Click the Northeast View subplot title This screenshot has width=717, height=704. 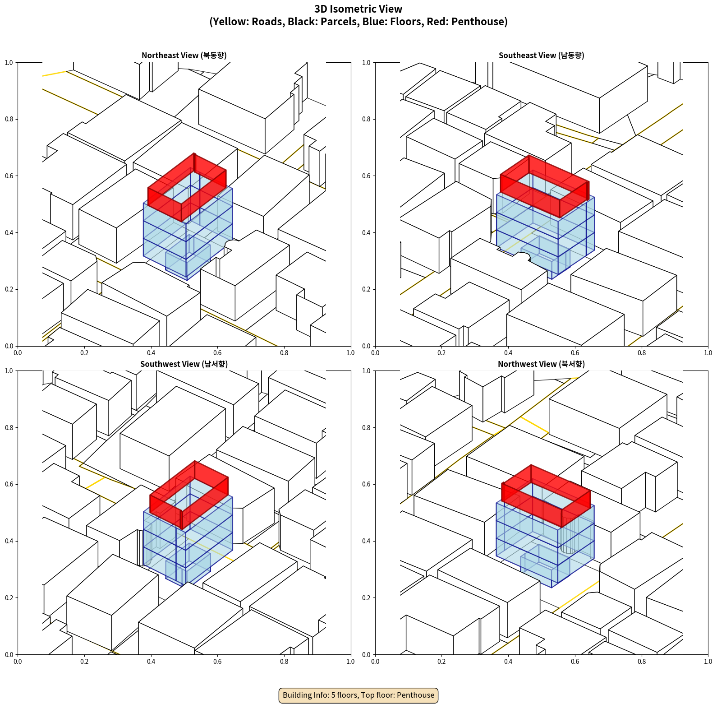pos(184,56)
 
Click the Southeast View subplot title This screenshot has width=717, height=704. pos(541,56)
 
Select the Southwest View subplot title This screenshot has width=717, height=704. pos(184,364)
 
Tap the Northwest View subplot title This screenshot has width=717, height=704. pos(541,364)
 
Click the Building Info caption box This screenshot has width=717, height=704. pos(358,695)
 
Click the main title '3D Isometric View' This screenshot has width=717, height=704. pos(358,9)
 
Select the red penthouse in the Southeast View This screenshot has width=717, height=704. pos(545,186)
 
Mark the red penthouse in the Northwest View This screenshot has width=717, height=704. pos(546,496)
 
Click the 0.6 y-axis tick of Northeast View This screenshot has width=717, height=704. pos(9,176)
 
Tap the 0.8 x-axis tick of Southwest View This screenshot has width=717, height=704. pos(284,662)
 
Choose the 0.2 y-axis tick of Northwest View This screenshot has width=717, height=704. pos(367,598)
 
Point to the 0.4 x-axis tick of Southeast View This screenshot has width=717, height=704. pos(508,353)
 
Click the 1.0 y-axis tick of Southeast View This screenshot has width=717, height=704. pos(367,63)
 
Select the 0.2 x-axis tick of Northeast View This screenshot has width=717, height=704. pos(84,353)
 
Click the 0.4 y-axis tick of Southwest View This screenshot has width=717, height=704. pos(9,541)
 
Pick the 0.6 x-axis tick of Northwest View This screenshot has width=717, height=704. pos(575,662)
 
